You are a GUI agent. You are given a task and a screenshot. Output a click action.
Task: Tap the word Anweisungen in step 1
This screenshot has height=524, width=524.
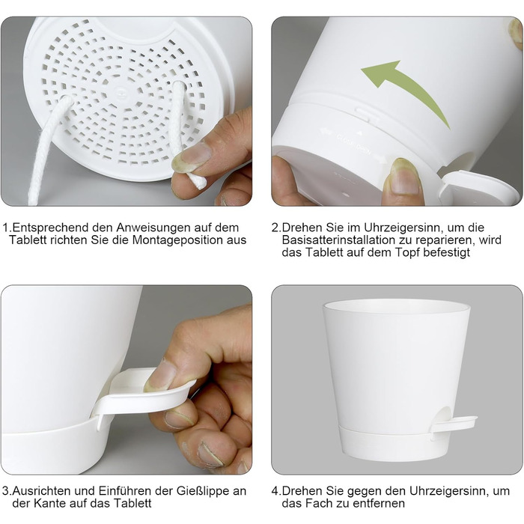tap(153, 228)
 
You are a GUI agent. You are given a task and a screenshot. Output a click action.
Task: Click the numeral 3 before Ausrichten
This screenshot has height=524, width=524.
tap(5, 491)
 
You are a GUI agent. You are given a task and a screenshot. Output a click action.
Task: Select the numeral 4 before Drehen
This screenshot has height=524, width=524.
tap(275, 491)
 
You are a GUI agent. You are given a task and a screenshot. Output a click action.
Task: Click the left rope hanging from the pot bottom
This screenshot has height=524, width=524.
tap(46, 151)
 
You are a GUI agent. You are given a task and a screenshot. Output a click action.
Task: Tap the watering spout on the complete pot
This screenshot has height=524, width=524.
tap(454, 424)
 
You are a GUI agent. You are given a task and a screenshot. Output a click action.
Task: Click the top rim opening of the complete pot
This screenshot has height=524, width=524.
tap(396, 307)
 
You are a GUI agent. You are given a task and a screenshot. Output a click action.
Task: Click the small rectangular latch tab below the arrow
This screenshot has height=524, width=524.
tap(365, 115)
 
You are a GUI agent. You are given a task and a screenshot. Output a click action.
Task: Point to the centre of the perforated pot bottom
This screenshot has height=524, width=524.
tap(120, 91)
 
